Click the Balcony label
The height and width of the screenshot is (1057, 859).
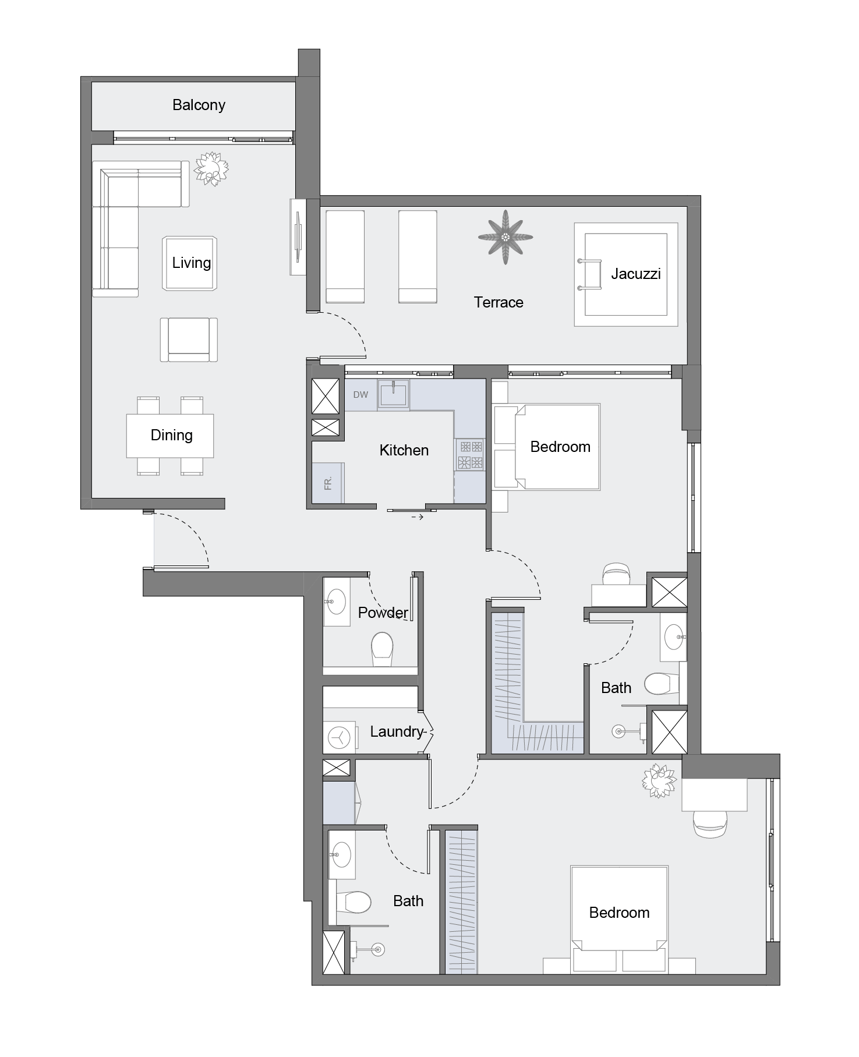[x=199, y=105]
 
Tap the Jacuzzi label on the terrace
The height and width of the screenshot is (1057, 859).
[x=635, y=274]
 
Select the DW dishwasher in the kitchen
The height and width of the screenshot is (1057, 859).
[x=360, y=395]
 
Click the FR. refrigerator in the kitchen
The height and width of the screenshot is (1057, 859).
[x=328, y=482]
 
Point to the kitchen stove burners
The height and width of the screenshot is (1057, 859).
[x=470, y=455]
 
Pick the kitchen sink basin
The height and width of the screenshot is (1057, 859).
[x=394, y=394]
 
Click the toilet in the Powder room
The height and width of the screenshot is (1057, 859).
[x=382, y=650]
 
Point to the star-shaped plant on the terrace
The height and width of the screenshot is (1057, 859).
[x=505, y=237]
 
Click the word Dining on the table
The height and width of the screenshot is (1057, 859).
[x=171, y=435]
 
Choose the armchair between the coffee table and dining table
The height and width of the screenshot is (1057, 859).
[x=189, y=340]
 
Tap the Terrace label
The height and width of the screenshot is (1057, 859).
[x=499, y=302]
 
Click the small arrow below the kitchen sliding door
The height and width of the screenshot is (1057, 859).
[x=417, y=517]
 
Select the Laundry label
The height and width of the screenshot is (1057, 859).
[x=397, y=731]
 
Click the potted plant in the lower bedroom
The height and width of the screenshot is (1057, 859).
[x=660, y=780]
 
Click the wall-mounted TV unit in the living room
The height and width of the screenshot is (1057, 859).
[x=298, y=237]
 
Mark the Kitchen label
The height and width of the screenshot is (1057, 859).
[x=404, y=450]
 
